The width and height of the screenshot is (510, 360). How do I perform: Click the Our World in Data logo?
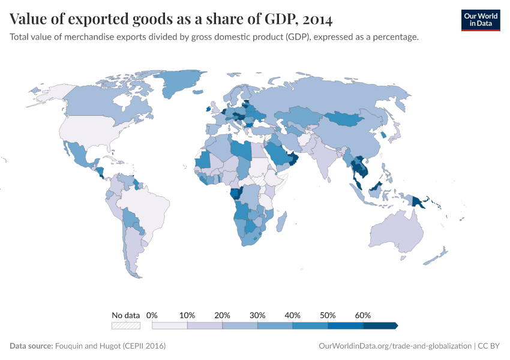(x=480, y=20)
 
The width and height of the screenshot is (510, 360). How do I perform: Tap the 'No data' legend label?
(x=125, y=315)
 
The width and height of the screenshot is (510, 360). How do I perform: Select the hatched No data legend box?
(x=125, y=326)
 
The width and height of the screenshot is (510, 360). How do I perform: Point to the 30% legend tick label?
(x=257, y=315)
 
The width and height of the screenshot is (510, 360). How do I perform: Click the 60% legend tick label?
(x=363, y=315)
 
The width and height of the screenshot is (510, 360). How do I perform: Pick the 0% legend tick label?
(x=152, y=315)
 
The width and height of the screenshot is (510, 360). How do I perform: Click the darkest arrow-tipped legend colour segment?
(x=380, y=326)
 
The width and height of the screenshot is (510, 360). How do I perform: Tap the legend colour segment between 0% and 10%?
(x=170, y=326)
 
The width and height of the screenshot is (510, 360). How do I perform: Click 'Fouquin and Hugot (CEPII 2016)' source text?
(x=110, y=346)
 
